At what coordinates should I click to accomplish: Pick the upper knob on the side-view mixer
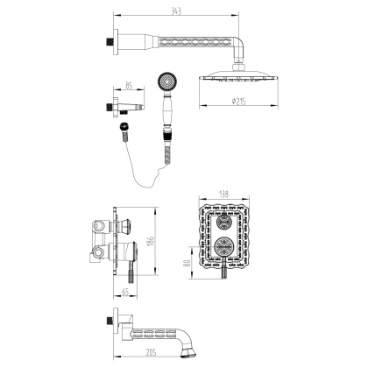click(x=126, y=222)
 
